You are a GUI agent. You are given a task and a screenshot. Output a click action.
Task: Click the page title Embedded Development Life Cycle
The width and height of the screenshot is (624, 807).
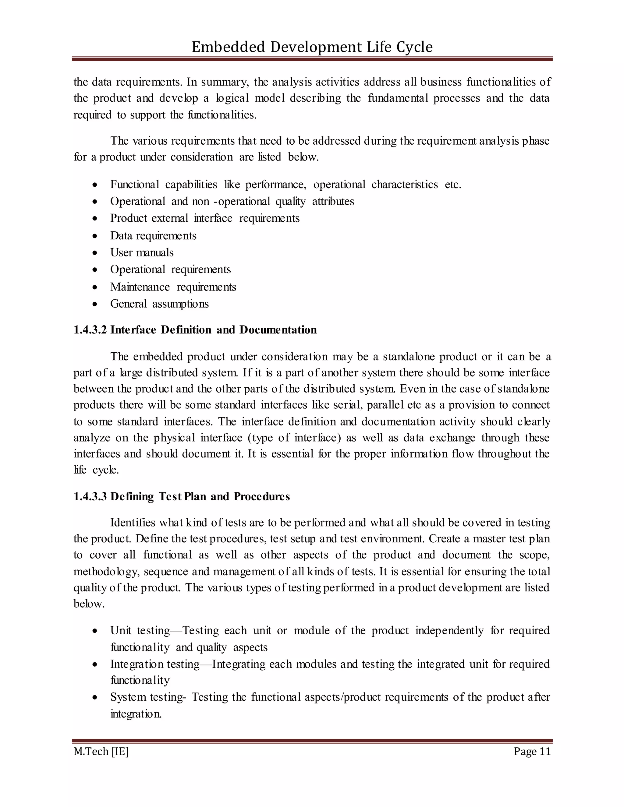point(312,47)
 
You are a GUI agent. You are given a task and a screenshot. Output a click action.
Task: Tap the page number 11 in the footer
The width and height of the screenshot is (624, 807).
point(545,751)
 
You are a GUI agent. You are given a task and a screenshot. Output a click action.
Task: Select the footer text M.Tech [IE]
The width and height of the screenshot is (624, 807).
point(101,751)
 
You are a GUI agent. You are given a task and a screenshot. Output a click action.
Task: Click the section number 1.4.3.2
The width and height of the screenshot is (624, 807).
point(90,329)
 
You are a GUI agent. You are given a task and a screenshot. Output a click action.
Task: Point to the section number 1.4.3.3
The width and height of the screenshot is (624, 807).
point(90,496)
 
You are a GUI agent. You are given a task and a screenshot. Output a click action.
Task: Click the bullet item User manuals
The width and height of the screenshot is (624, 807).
point(142,252)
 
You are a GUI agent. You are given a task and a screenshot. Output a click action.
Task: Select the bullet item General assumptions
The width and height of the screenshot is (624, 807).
point(159,304)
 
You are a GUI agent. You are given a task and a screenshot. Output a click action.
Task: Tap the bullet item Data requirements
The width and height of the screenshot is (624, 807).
point(153,235)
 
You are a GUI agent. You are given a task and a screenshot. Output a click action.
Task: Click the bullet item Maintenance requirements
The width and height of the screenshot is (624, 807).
point(173,287)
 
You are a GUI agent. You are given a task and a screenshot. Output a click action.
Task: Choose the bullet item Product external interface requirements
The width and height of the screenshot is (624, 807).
point(205,218)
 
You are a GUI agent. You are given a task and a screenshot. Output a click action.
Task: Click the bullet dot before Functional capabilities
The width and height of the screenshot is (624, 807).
point(95,184)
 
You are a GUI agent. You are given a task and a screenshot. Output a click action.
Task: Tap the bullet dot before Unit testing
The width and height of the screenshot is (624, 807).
point(95,631)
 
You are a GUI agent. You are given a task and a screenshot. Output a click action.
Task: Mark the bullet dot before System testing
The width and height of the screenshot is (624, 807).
point(95,698)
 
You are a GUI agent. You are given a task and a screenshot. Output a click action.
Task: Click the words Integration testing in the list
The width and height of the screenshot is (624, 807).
point(155,664)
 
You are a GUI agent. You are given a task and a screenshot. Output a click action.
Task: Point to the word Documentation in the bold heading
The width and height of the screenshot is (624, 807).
point(278,329)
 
